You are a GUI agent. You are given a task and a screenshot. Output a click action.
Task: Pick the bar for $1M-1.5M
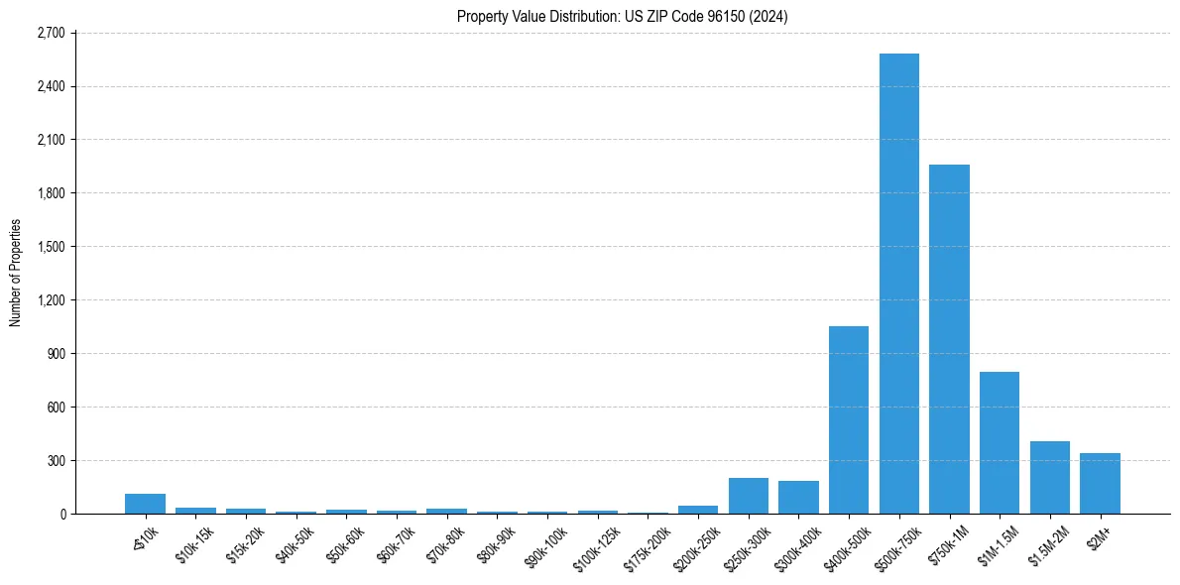tap(1000, 442)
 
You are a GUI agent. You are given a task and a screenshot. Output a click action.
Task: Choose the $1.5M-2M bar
tap(1050, 477)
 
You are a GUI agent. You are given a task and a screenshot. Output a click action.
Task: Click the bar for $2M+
tap(1100, 483)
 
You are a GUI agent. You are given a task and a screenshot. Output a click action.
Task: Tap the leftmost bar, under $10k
tap(145, 504)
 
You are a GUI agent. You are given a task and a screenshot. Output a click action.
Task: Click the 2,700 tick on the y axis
tap(51, 33)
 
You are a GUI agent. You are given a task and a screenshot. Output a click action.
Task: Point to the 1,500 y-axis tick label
tap(51, 247)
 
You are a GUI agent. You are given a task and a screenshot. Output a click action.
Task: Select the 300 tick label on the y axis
tap(56, 460)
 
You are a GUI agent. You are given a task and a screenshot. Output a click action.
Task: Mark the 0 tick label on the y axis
tap(61, 514)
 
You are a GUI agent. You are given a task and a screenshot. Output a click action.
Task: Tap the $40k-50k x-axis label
tap(295, 540)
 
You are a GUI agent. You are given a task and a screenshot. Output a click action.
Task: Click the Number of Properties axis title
tap(15, 273)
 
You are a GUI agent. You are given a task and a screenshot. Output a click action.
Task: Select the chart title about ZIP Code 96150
tap(623, 16)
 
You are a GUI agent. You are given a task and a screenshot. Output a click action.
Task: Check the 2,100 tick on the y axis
tap(51, 140)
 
